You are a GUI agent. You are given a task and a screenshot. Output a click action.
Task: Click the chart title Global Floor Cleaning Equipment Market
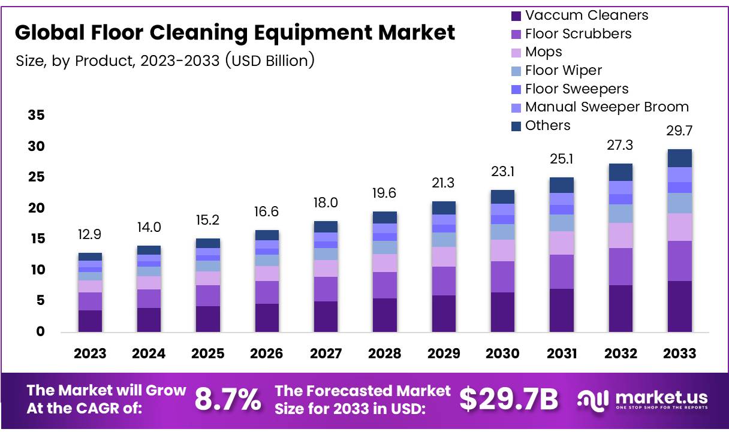coord(235,32)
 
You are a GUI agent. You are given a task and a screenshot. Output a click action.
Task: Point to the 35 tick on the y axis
coord(37,115)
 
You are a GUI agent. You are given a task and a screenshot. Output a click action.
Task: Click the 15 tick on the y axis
coord(37,239)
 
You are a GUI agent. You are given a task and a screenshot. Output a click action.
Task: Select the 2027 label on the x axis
coord(326,354)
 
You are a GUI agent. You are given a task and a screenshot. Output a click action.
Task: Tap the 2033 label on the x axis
coord(679,354)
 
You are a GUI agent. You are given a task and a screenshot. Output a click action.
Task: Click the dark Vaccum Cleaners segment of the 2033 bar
coord(679,306)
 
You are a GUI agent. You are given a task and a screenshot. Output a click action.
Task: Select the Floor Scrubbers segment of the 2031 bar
coord(562,271)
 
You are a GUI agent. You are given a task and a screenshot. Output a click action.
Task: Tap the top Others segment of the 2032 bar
coord(620,172)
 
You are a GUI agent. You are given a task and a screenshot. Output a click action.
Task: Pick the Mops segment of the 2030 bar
coord(502,250)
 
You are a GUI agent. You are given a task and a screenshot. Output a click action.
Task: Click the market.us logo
coord(642,399)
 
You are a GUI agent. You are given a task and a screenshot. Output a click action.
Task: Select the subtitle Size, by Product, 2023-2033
coord(164,61)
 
